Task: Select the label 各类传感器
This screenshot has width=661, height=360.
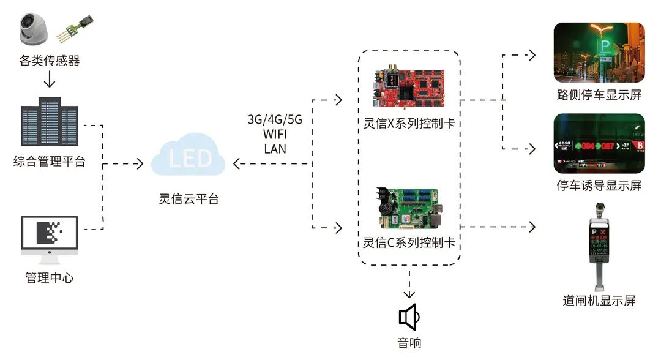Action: (x=50, y=61)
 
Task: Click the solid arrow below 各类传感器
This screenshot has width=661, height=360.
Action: (x=50, y=80)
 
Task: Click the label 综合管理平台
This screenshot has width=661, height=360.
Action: (x=50, y=162)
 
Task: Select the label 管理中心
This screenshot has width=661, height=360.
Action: (x=50, y=277)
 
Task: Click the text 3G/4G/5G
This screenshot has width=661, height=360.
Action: (x=275, y=119)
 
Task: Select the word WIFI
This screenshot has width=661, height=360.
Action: (x=275, y=133)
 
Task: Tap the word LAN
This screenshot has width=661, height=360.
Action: (x=275, y=148)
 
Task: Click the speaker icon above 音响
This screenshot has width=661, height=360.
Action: (x=409, y=317)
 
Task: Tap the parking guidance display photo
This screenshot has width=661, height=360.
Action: (x=599, y=143)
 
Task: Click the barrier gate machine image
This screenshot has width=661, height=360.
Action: (x=599, y=245)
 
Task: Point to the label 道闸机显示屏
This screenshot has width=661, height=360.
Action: (x=599, y=301)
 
